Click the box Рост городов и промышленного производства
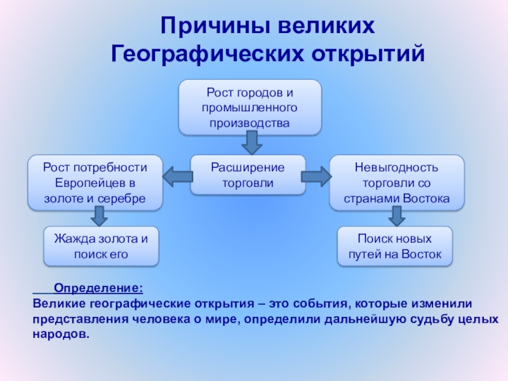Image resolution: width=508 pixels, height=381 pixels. (250, 107)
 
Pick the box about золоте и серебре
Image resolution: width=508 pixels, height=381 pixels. (95, 183)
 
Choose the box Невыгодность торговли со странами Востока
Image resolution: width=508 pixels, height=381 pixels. (397, 183)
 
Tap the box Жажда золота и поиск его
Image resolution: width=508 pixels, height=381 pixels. (100, 246)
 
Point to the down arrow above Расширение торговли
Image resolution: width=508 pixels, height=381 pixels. (250, 143)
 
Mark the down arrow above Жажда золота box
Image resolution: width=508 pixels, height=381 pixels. (98, 217)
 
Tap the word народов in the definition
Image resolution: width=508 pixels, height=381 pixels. (59, 333)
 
